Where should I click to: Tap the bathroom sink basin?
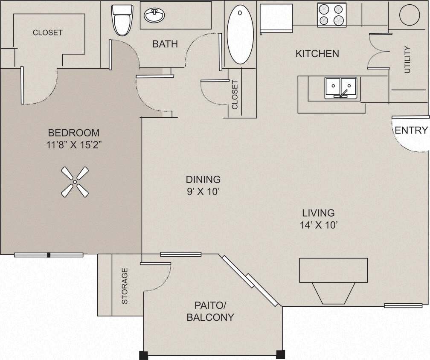[154, 16]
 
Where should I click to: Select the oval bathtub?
[240, 35]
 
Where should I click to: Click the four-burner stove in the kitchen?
[331, 15]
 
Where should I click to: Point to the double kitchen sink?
[340, 88]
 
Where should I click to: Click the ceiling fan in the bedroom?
[75, 182]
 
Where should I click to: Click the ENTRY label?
[411, 131]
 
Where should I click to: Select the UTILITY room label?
[407, 59]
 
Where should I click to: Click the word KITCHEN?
[317, 54]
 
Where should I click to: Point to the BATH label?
[165, 44]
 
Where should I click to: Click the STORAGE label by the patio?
[125, 286]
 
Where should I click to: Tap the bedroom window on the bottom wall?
[49, 255]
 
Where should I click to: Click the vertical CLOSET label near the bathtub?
[235, 95]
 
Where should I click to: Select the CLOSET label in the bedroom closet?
[48, 32]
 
